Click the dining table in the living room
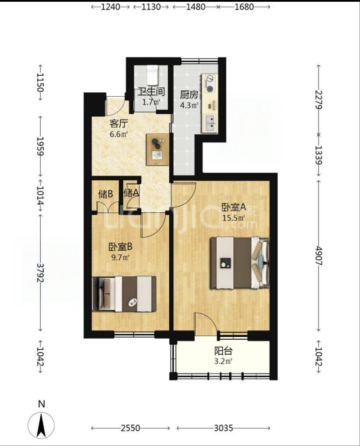point(158,149)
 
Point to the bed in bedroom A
point(239,263)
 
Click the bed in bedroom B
point(124,294)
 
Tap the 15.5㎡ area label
point(234,218)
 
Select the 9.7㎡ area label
point(120,258)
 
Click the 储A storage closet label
point(131,193)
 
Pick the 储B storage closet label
point(105,194)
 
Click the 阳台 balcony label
point(223,351)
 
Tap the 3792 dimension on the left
point(40,273)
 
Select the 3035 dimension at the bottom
point(223,428)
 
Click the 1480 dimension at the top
point(196,7)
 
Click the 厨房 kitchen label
point(189,95)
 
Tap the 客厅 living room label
point(119,124)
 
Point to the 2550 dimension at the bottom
point(130,428)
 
